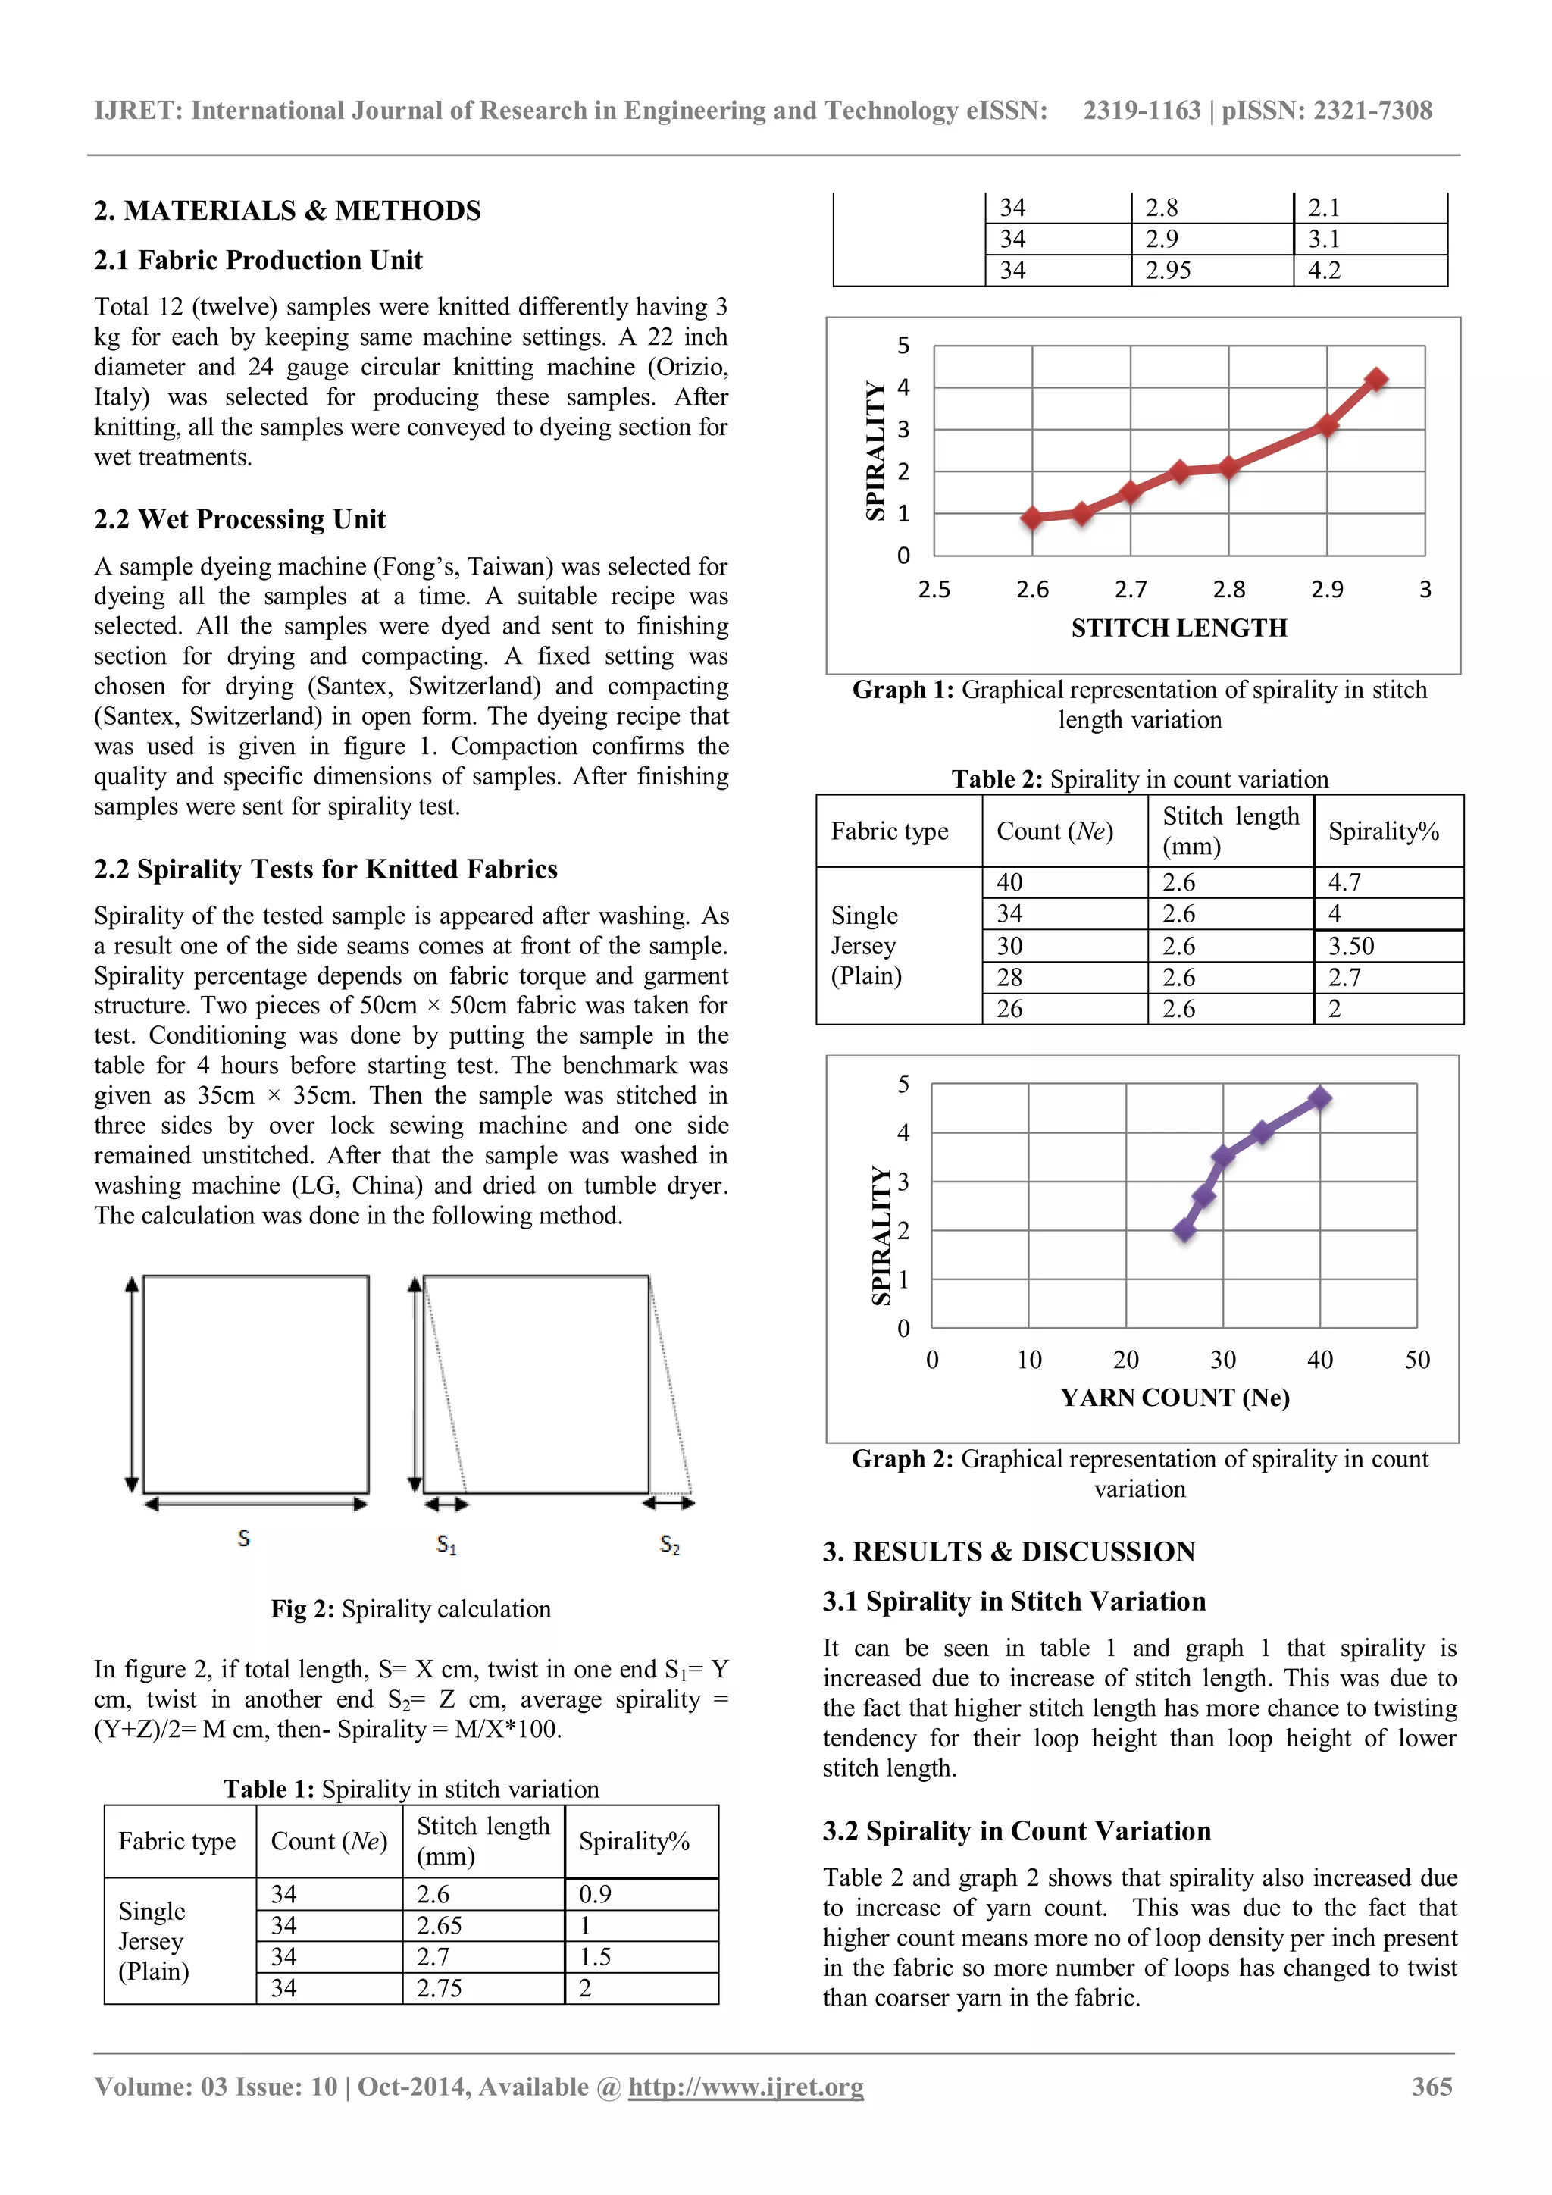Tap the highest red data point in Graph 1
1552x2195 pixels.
[x=1376, y=380]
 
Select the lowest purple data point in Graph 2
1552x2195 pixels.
[x=1184, y=1230]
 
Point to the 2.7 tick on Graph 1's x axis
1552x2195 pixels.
[x=1131, y=590]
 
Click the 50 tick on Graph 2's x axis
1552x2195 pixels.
[x=1417, y=1360]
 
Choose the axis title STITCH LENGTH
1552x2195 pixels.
[x=1178, y=628]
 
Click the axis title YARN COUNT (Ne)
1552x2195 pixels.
[x=1175, y=1398]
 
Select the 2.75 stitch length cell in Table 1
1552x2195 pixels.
[x=439, y=1989]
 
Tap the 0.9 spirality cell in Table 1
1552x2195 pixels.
[x=596, y=1894]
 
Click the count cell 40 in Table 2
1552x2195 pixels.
[x=1009, y=882]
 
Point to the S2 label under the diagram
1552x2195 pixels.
[x=670, y=1545]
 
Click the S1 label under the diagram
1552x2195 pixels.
[x=446, y=1545]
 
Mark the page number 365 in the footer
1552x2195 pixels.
[x=1432, y=2086]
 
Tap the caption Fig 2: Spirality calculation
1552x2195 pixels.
[x=411, y=1609]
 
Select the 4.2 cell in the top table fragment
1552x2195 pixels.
[x=1325, y=271]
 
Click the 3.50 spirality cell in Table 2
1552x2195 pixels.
[x=1351, y=947]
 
